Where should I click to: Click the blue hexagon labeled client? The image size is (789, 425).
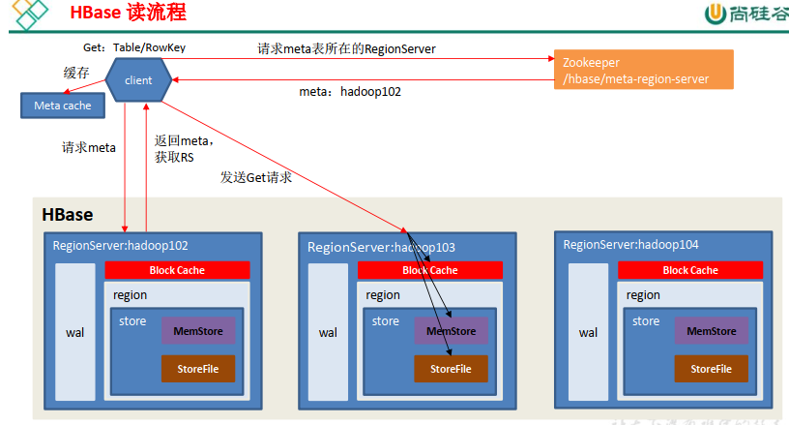138,80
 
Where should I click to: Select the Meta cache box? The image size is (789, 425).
63,106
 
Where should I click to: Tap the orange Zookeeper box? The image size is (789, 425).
644,70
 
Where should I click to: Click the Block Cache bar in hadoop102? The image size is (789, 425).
177,270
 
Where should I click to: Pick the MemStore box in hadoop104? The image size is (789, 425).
712,331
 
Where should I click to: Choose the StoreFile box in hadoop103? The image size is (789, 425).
451,369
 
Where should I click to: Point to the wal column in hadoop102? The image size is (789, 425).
75,332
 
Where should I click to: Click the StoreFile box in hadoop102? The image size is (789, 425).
198,369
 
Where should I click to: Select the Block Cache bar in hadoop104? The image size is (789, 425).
690,270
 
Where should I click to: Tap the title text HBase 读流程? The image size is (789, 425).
129,13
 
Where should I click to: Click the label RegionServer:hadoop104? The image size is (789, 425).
630,245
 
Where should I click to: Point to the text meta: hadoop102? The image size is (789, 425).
350,92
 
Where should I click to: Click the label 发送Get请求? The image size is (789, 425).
256,177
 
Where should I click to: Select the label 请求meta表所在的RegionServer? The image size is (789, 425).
347,48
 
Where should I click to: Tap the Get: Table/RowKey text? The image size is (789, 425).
134,47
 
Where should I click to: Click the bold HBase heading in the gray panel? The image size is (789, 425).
68,215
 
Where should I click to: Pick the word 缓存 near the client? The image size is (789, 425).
76,73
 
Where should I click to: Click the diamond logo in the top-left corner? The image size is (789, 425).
29,15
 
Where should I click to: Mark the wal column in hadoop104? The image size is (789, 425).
588,332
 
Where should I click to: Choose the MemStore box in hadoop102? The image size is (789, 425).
198,331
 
